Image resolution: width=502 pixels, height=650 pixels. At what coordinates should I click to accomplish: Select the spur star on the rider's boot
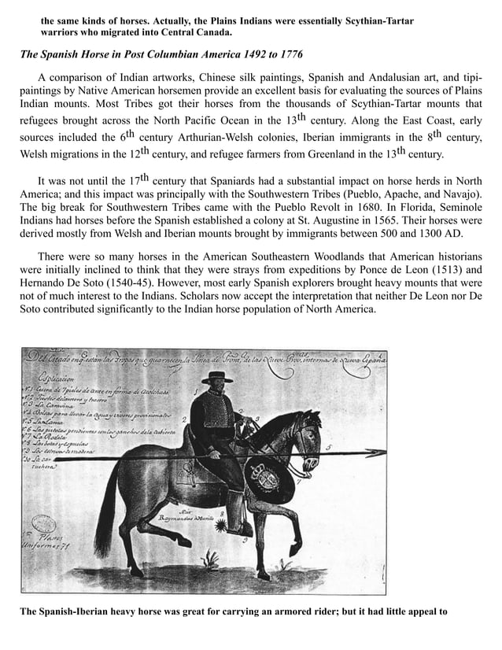(226, 523)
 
